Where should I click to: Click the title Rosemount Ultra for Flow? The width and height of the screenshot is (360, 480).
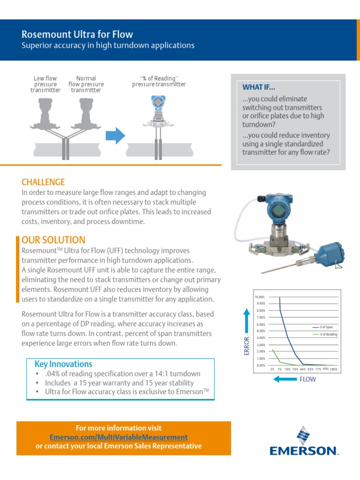click(x=77, y=34)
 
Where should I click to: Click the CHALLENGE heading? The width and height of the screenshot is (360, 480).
click(x=43, y=182)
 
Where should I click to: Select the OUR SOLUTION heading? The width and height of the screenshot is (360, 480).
click(x=53, y=240)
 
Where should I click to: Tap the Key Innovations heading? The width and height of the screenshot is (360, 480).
click(x=63, y=364)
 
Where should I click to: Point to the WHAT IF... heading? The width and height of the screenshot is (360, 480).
click(x=259, y=87)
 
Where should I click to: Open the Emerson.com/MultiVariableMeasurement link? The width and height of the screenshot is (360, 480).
click(x=118, y=437)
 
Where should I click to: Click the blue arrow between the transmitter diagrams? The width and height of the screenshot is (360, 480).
click(x=115, y=136)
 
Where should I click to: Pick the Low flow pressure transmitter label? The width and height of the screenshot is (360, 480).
click(x=45, y=84)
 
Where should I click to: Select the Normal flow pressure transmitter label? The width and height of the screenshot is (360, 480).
click(x=86, y=84)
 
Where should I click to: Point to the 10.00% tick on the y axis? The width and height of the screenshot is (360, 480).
click(x=260, y=297)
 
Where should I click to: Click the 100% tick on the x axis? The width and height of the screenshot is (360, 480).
click(x=333, y=369)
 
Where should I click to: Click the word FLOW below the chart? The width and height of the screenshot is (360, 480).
click(x=308, y=379)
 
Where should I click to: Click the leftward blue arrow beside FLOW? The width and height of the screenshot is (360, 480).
click(x=285, y=379)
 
